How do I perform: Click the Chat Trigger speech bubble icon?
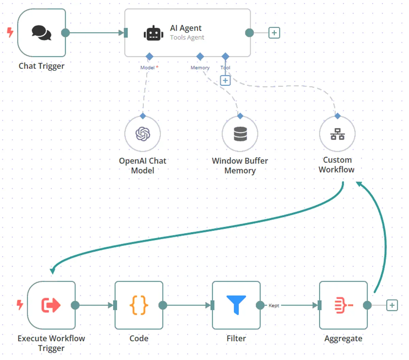point(41,33)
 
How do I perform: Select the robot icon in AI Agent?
point(153,33)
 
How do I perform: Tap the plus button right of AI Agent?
point(274,33)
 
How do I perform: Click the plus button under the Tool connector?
point(225,80)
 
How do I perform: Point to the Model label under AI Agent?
point(148,67)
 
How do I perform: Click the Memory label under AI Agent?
point(200,67)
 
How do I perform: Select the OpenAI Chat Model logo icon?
point(143,134)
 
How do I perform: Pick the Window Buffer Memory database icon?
point(240,134)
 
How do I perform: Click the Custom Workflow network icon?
point(337,134)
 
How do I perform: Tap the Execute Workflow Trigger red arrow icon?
point(51,305)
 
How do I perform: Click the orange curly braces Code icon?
point(139,305)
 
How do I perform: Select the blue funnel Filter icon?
point(236,305)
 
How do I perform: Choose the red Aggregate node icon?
point(344,305)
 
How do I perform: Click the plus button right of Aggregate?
point(392,305)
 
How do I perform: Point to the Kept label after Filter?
point(274,306)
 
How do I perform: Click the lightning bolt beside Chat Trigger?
point(10,32)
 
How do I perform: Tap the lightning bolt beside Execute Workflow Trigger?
point(20,304)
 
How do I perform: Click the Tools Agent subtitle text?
point(187,37)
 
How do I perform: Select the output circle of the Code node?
point(163,305)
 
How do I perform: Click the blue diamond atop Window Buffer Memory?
point(240,116)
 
